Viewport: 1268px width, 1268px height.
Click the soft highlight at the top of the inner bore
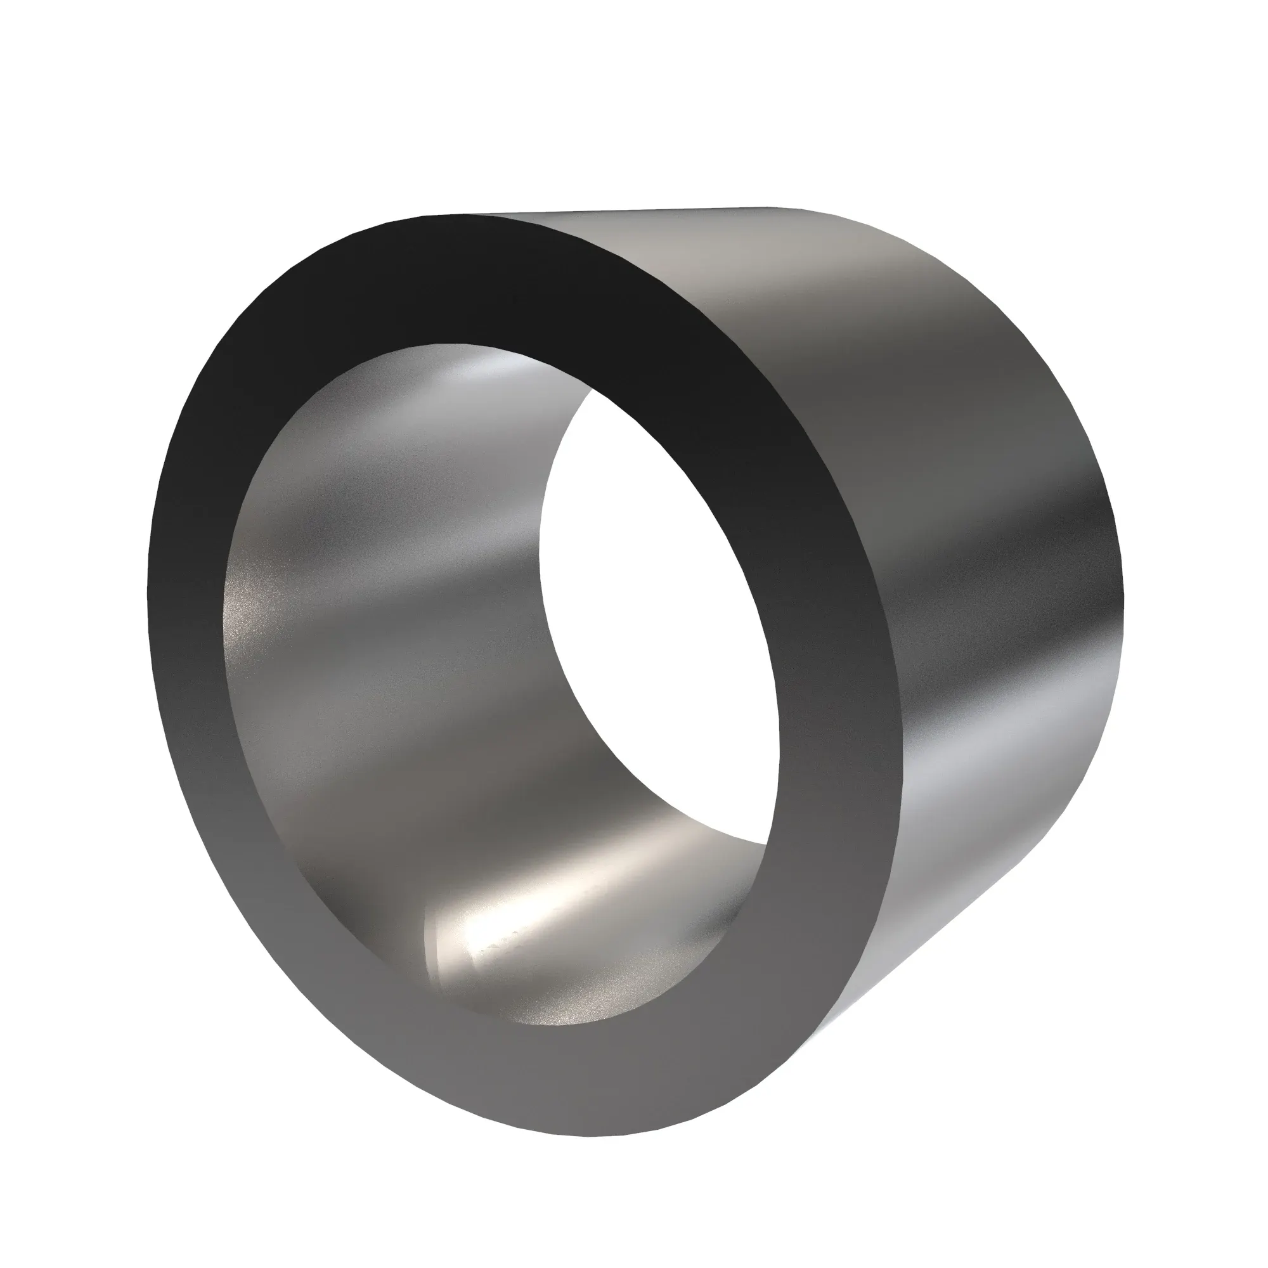click(486, 374)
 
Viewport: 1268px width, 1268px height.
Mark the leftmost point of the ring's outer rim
click(147, 591)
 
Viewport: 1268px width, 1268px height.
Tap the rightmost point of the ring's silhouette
click(1123, 591)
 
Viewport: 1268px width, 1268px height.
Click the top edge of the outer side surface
click(623, 211)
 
